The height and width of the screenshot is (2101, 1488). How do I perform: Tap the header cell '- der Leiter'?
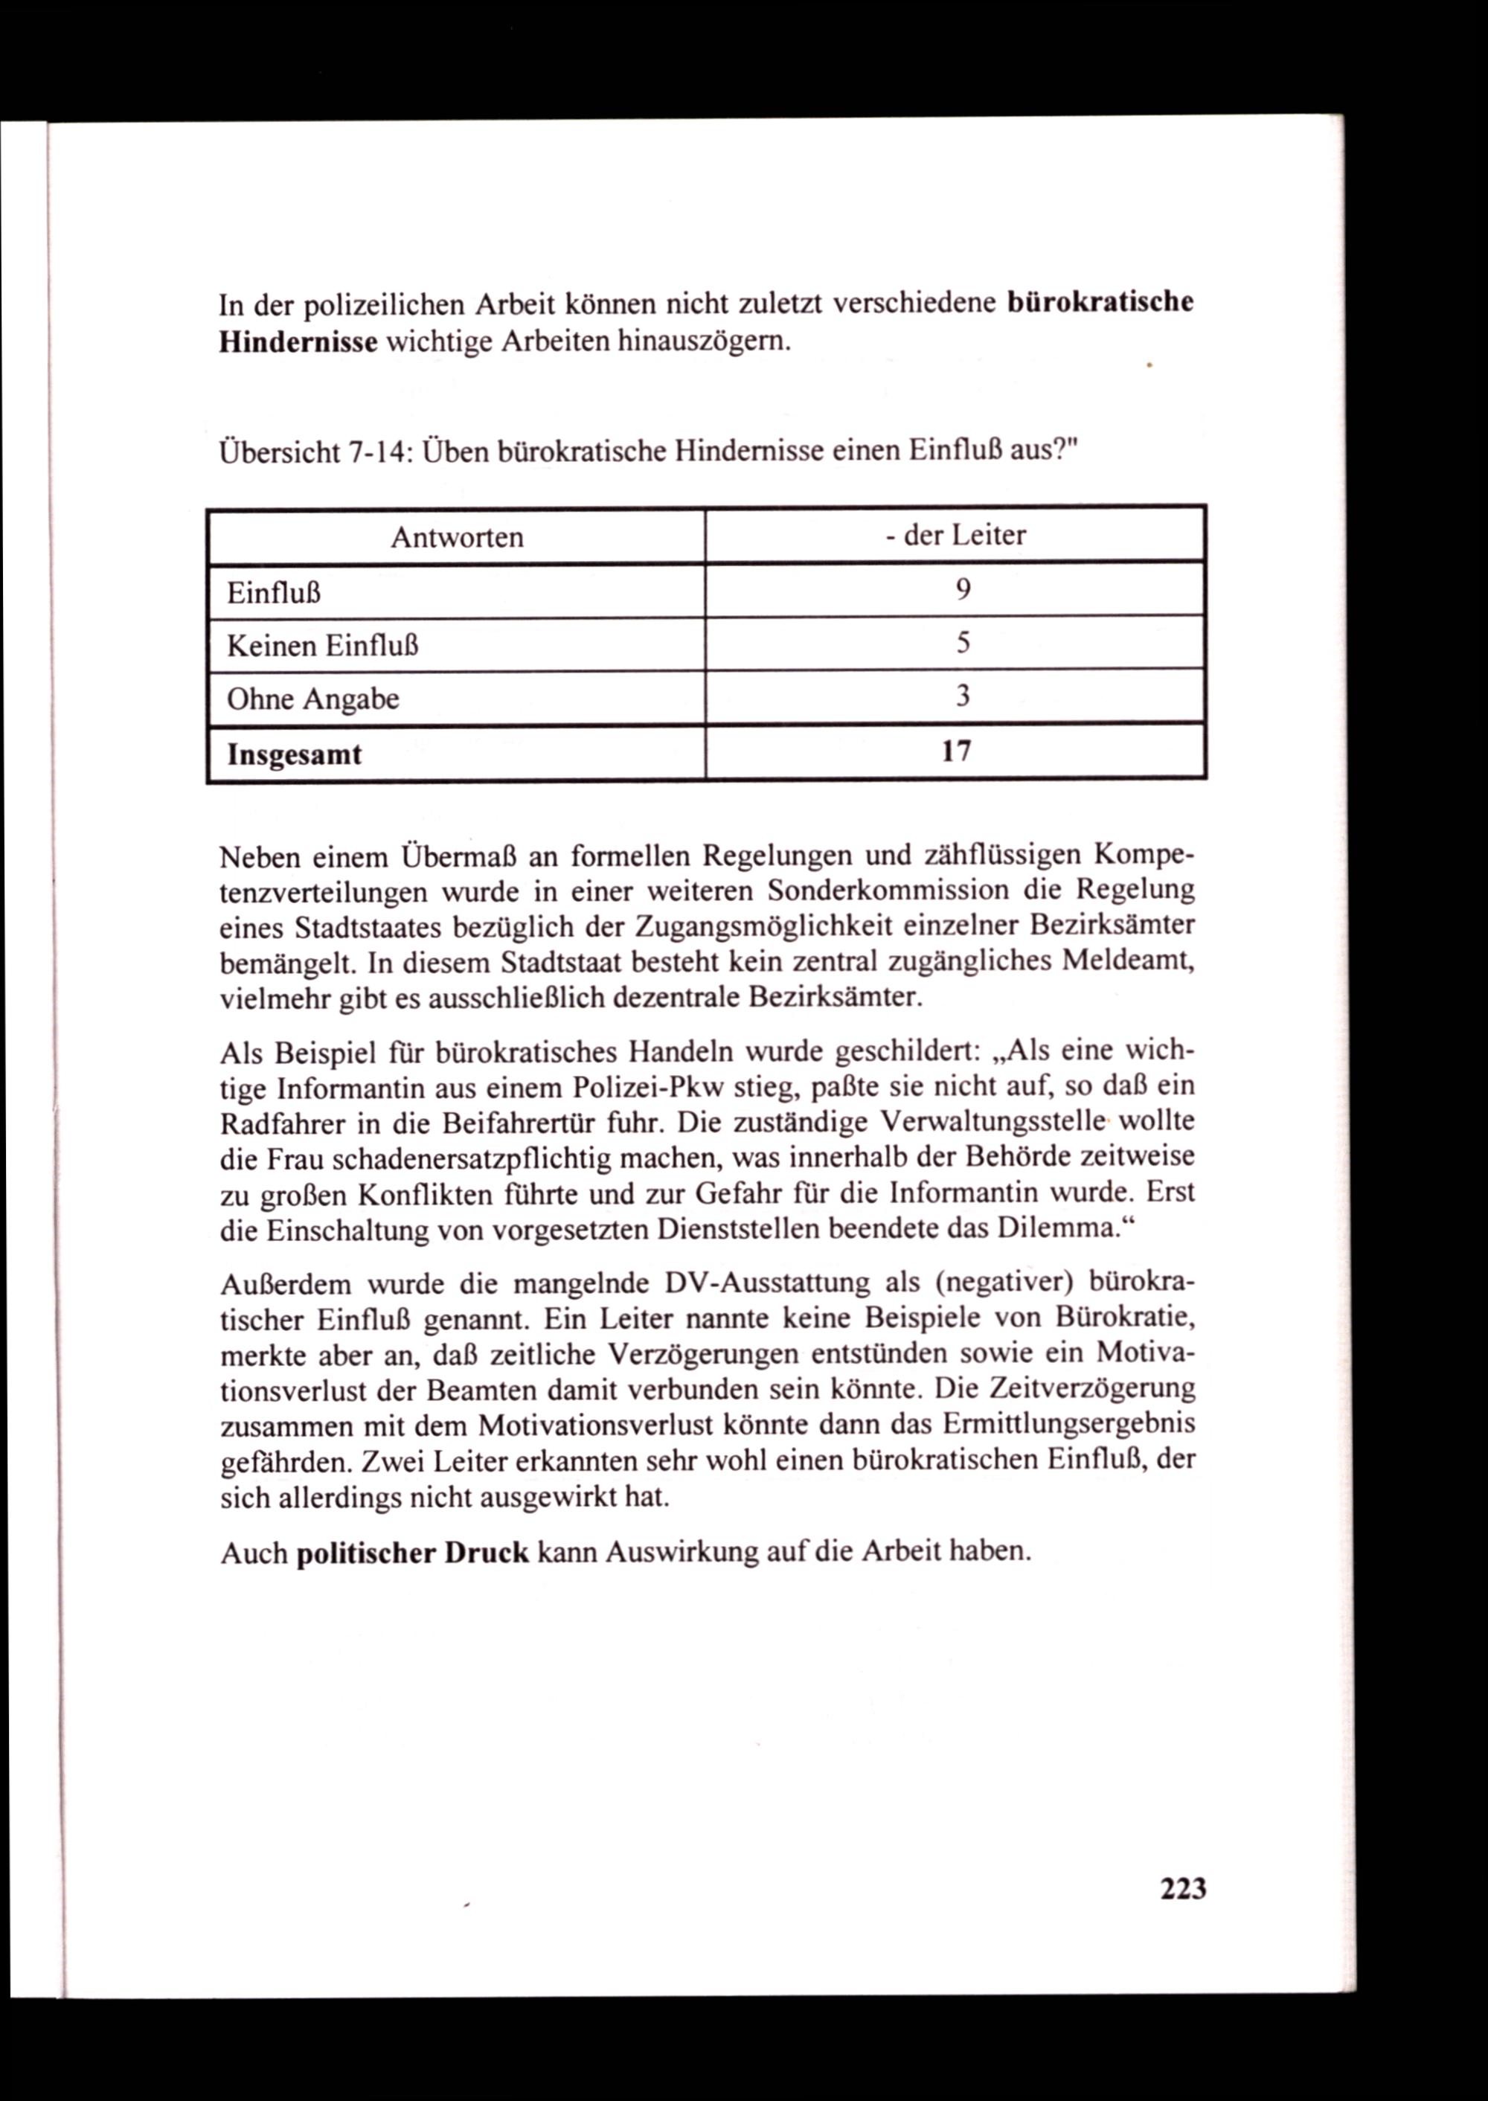coord(955,535)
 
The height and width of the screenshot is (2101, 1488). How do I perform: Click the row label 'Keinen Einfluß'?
coord(322,646)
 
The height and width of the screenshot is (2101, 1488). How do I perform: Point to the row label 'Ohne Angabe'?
coord(312,700)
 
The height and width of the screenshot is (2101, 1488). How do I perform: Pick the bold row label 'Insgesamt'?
coord(294,754)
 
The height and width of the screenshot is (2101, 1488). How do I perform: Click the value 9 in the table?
coord(962,590)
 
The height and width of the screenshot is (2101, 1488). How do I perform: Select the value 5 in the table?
coord(962,644)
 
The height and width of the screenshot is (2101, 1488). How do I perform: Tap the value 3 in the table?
coord(962,697)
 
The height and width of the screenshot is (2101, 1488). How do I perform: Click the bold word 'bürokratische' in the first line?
coord(1100,302)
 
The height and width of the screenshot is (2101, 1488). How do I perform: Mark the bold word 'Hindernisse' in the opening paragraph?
coord(298,343)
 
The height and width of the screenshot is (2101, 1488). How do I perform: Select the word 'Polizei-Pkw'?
coord(648,1088)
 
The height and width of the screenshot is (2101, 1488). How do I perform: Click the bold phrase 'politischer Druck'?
coord(413,1552)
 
